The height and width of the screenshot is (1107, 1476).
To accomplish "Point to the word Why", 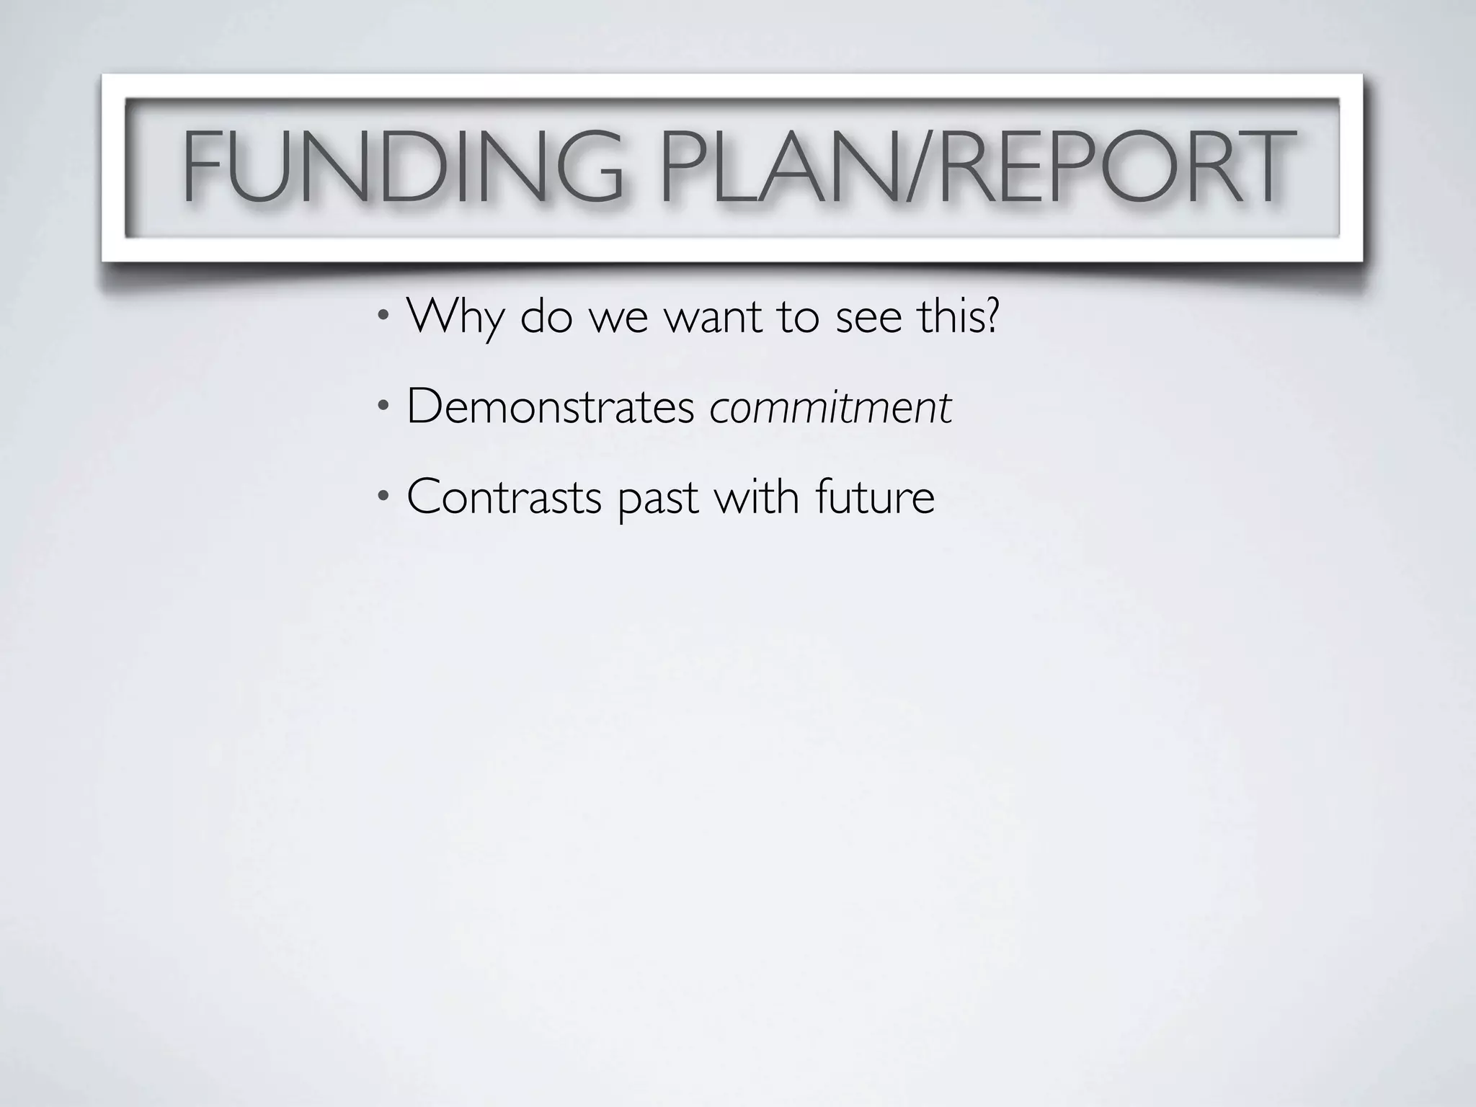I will click(x=455, y=316).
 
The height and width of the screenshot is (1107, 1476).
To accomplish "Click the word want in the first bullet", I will click(x=713, y=318).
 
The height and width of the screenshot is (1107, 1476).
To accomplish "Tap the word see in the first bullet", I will click(x=868, y=318).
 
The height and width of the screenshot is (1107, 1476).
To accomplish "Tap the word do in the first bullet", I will click(x=546, y=316).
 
